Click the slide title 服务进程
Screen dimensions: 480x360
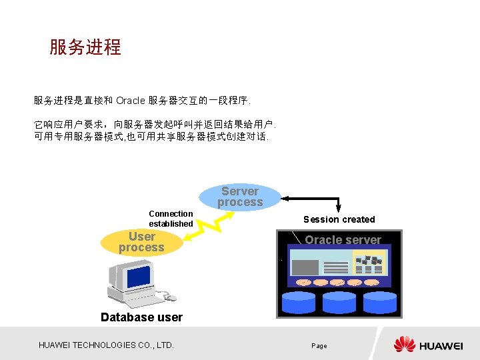(85, 47)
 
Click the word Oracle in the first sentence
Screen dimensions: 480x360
(130, 101)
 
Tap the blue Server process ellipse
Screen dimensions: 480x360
(240, 197)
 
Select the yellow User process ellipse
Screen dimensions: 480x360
(141, 242)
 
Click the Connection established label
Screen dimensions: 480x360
(171, 219)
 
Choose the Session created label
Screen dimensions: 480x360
(339, 219)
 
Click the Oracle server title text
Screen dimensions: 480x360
(343, 240)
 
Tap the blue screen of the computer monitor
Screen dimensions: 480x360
(138, 275)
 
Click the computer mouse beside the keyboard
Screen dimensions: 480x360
(171, 297)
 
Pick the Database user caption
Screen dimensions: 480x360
(141, 317)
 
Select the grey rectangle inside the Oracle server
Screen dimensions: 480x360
(305, 267)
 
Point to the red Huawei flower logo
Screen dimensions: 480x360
(404, 345)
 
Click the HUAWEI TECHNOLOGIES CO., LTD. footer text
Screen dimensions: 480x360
(106, 345)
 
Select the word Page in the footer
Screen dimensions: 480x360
(319, 346)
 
